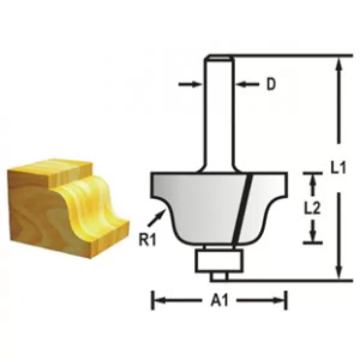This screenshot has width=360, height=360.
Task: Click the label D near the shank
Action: click(271, 85)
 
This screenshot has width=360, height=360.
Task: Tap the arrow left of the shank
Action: click(191, 85)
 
